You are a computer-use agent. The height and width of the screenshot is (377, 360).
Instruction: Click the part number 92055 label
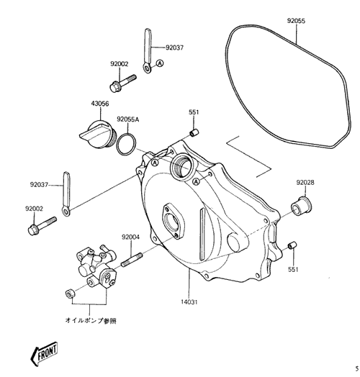296,21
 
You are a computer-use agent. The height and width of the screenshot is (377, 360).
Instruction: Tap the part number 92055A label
127,119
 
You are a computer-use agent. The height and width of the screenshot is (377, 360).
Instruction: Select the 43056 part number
100,104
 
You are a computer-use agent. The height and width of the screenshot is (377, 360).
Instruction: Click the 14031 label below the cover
189,301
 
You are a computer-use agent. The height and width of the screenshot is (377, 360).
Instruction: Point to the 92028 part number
305,183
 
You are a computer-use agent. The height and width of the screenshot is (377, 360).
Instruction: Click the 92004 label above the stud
130,237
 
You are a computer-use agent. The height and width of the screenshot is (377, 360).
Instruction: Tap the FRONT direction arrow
44,353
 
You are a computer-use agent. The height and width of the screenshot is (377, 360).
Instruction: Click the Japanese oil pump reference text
91,321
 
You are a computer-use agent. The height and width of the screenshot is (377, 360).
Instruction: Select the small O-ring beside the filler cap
127,145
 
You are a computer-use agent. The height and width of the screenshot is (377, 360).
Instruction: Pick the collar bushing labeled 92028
302,206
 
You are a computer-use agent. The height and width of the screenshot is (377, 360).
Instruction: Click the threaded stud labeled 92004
132,260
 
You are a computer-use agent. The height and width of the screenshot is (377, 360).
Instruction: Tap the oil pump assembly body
96,266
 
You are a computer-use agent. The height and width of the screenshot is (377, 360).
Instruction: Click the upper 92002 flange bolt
123,83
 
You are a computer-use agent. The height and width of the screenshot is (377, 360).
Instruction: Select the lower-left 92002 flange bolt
42,226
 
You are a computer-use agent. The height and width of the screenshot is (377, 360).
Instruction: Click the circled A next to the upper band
160,63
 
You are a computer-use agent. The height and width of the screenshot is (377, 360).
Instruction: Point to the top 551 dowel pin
194,132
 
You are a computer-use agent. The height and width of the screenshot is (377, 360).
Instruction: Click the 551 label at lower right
293,269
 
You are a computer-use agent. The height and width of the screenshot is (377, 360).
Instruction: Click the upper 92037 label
174,47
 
